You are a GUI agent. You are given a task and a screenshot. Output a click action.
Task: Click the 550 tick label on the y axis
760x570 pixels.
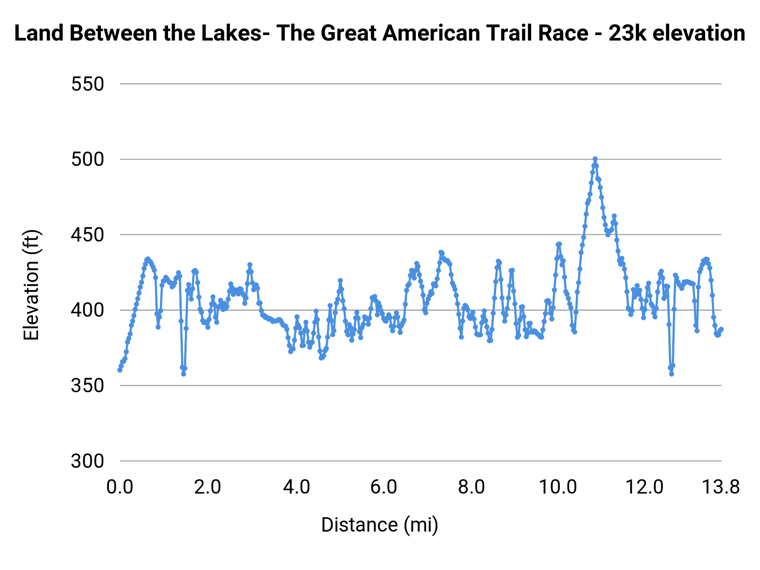coord(87,84)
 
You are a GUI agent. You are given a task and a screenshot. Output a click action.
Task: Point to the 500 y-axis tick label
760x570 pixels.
coord(87,160)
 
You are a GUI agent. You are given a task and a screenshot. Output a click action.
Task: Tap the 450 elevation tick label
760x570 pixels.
coord(87,235)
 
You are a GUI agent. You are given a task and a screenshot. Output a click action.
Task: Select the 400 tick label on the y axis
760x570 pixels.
coord(87,310)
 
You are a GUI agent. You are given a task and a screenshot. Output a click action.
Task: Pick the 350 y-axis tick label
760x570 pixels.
coord(87,385)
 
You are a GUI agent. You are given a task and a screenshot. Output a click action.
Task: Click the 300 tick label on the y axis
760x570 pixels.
coord(87,461)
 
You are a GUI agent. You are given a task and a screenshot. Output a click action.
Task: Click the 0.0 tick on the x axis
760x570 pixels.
coord(120,487)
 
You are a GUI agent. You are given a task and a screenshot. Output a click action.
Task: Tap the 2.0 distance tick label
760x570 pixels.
coord(208,487)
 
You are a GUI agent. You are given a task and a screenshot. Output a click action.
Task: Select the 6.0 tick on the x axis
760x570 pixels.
coord(383,487)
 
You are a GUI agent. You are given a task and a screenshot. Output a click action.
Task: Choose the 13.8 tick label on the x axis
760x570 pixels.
coord(720,487)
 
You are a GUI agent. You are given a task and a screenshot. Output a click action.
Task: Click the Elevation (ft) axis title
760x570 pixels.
coord(31,285)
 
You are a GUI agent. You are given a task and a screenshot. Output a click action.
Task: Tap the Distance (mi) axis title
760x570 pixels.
coord(380,525)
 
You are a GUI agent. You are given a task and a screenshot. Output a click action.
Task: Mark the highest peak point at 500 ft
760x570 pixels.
coord(595,159)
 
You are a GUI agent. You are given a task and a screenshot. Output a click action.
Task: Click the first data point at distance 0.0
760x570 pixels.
coord(120,370)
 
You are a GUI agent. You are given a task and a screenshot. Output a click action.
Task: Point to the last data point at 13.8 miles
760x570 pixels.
coord(721,329)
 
